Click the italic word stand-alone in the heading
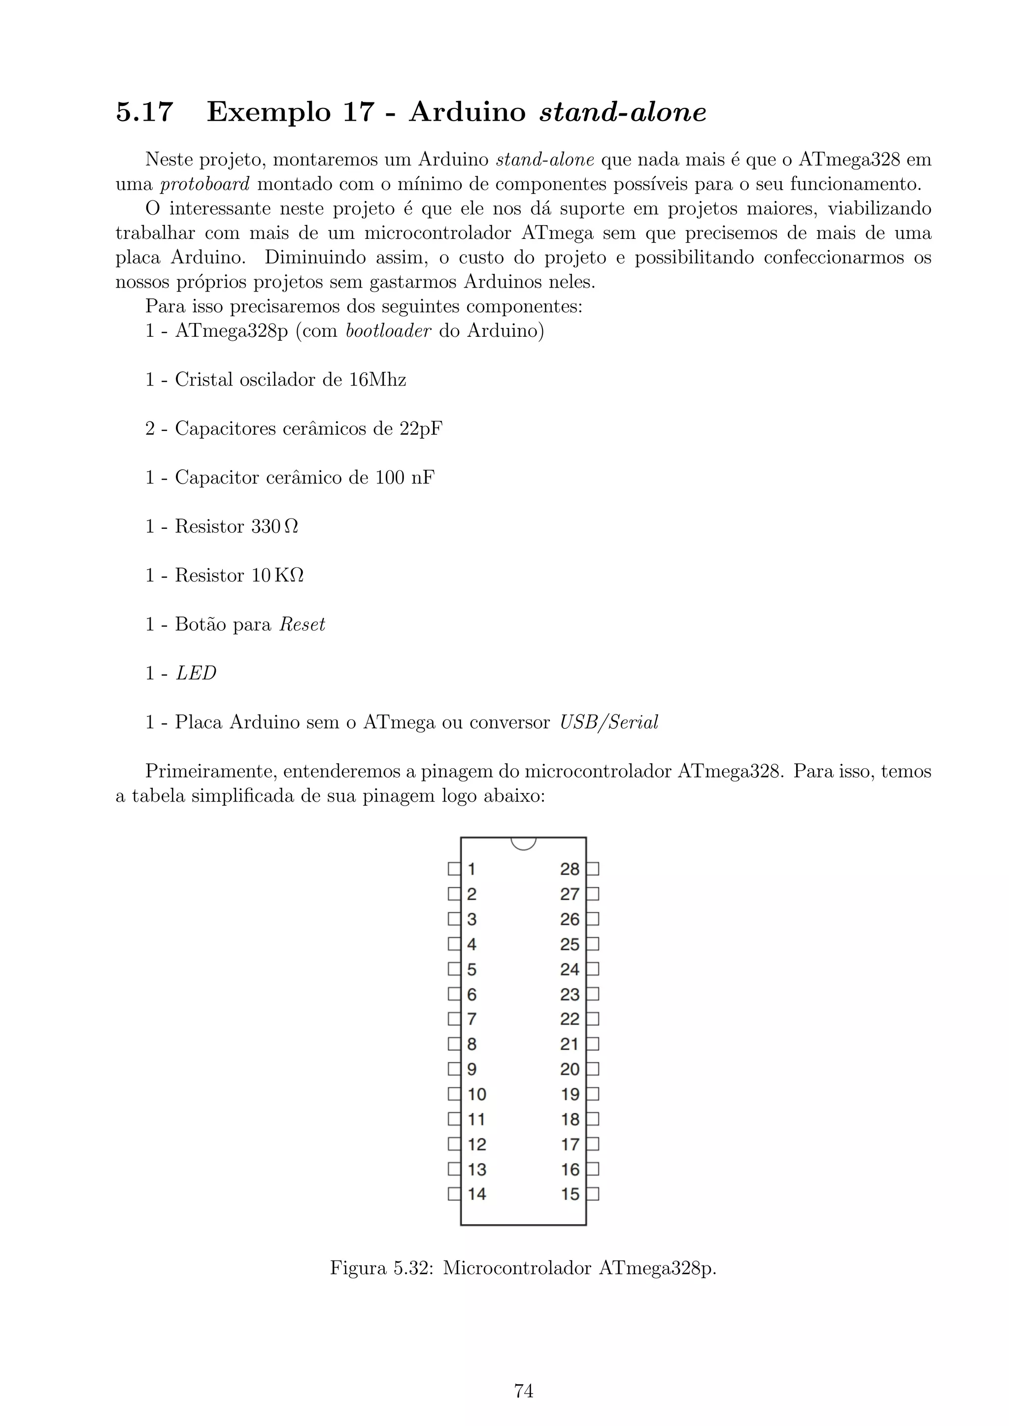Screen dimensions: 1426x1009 pos(623,112)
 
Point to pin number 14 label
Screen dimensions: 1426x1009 pos(476,1194)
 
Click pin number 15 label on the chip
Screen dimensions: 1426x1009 pos(570,1194)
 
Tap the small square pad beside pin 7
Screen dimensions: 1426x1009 pos(454,1019)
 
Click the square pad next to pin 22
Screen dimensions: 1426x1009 pos(593,1019)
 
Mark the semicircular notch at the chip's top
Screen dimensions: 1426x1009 pos(523,843)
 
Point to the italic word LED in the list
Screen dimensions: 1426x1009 pos(196,673)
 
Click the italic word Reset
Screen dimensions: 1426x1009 pos(302,624)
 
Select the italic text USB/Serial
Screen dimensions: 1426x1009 pos(608,722)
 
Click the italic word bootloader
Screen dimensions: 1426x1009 pos(388,331)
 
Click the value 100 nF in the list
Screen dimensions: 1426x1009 pos(404,478)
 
